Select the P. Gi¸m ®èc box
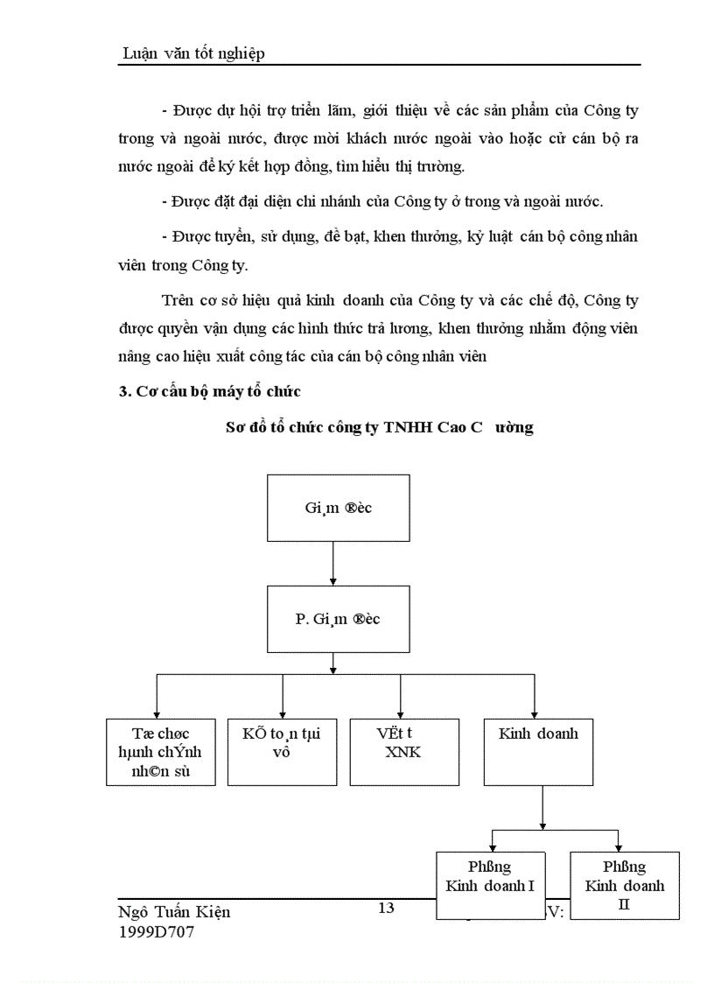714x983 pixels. (337, 619)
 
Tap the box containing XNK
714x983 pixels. (401, 751)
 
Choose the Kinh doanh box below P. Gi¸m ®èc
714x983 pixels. (538, 751)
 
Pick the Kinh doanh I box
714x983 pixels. (490, 884)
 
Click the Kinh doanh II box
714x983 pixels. (624, 884)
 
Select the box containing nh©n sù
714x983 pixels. (160, 751)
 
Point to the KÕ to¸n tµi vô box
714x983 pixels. (282, 751)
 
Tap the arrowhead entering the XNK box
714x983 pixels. (401, 713)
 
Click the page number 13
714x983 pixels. (386, 908)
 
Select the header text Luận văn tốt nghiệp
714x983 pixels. (193, 53)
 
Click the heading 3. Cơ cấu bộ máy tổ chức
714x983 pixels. (210, 392)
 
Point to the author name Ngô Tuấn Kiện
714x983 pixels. (174, 911)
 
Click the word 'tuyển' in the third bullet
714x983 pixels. (223, 238)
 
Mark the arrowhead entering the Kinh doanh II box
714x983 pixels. (618, 846)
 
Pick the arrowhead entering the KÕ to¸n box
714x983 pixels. (283, 713)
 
